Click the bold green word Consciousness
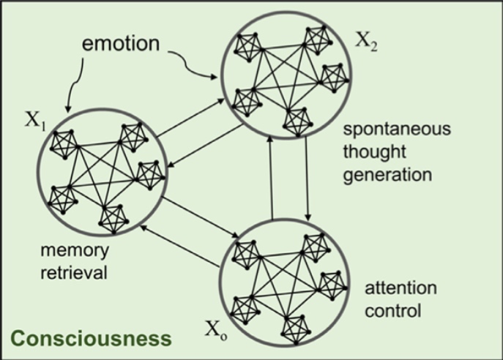click(x=90, y=338)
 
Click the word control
click(x=395, y=310)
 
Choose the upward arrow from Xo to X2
click(x=272, y=179)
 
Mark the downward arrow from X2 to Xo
click(x=306, y=179)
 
